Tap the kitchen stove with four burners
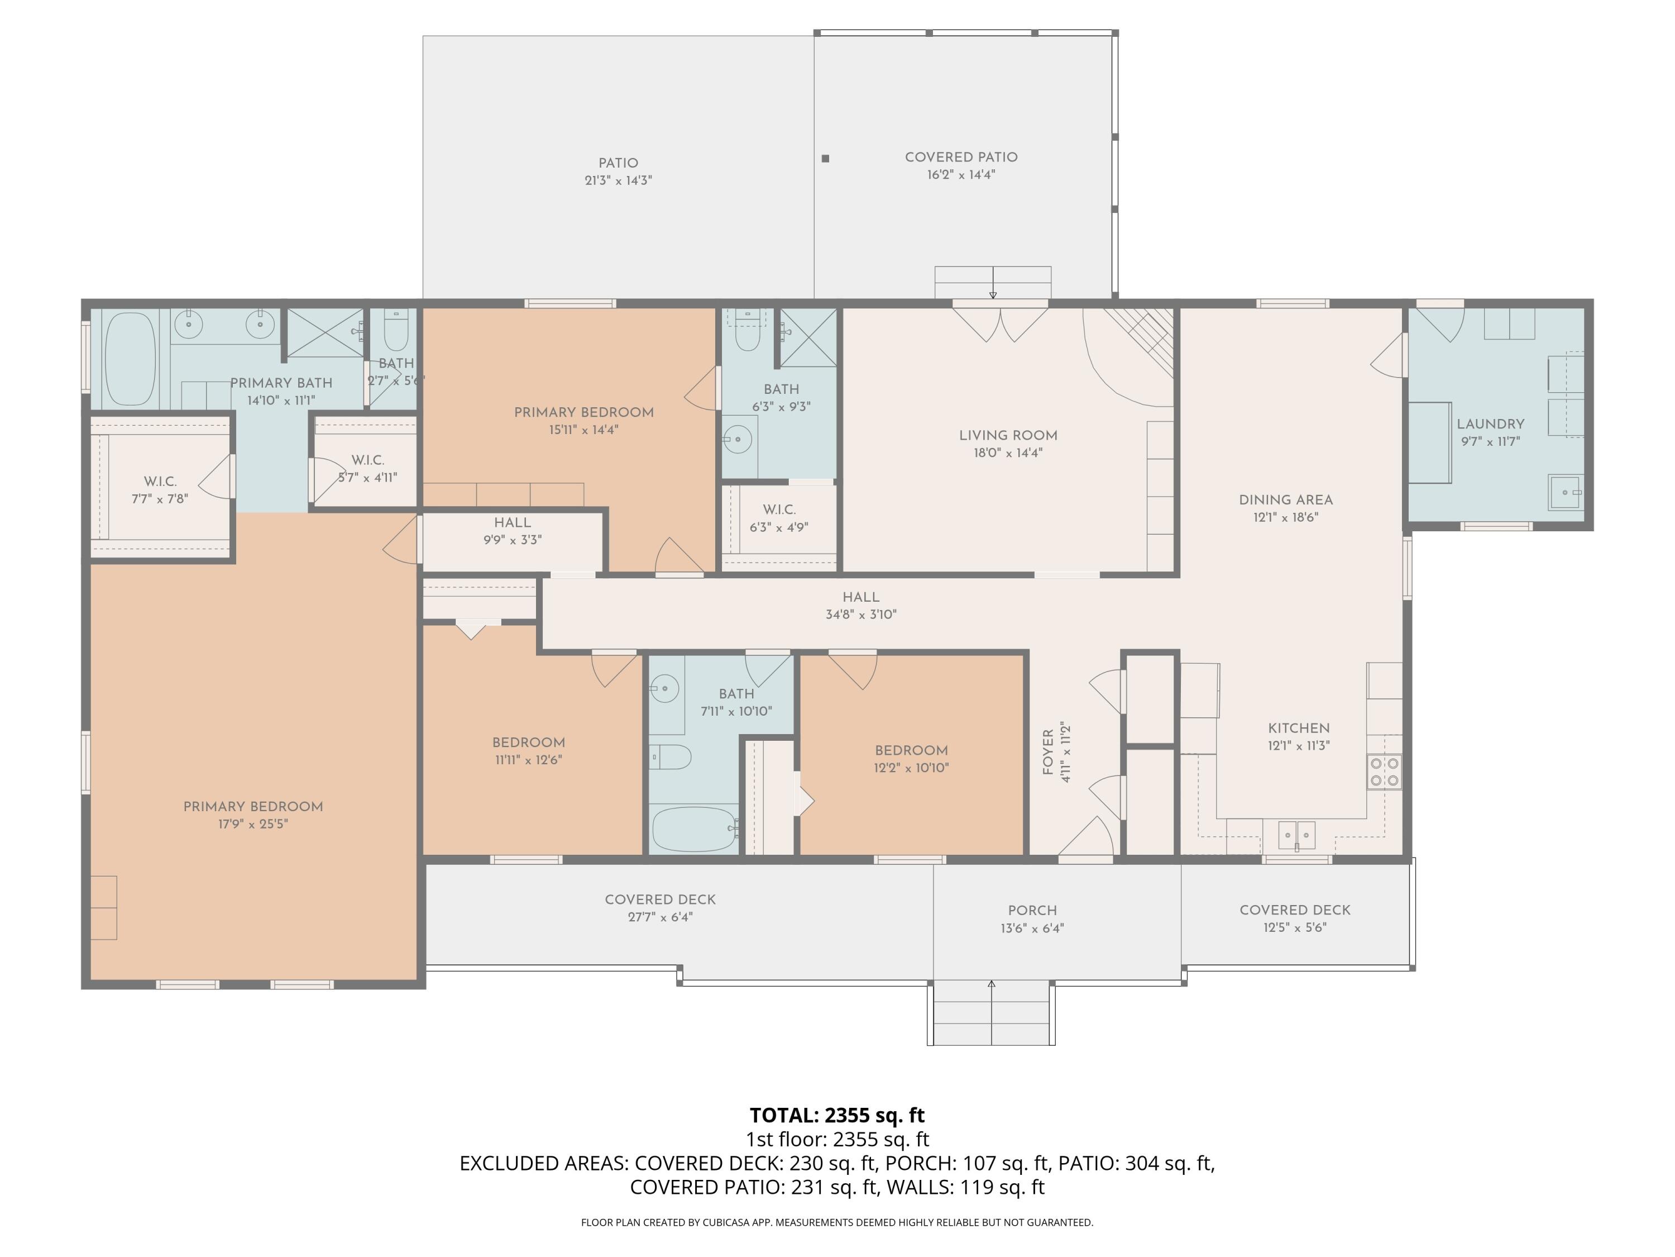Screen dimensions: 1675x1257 coord(1384,772)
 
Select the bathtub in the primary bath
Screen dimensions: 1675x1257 coord(130,360)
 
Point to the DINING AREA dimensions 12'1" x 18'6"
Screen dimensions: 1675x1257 coord(1286,517)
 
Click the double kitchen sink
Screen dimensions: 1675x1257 coord(1297,836)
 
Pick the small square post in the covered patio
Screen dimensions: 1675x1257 coord(825,158)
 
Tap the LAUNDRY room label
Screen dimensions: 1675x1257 coord(1490,424)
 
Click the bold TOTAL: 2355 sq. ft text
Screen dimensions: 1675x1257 coord(837,1115)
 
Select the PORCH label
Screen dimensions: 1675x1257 coord(1032,910)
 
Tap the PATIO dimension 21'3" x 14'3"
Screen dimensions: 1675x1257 coord(618,180)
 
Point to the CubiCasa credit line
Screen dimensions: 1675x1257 coord(837,1222)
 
